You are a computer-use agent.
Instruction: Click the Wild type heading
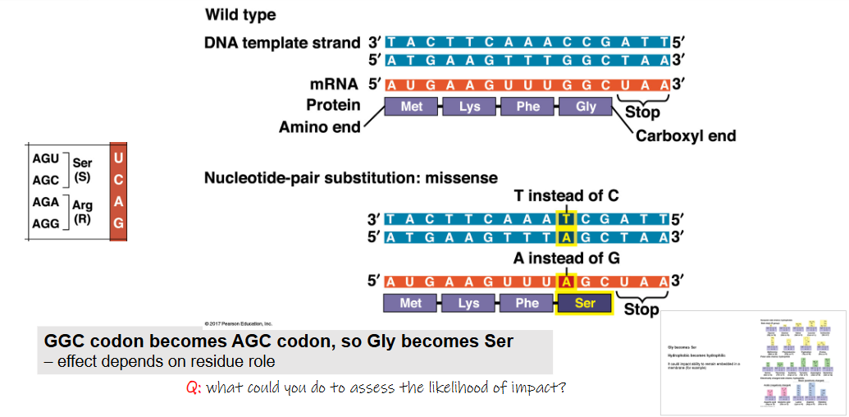point(240,15)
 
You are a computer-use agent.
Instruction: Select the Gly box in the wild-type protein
point(586,107)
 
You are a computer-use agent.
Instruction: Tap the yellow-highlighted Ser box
point(584,303)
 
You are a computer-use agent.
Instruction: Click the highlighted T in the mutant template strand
point(566,219)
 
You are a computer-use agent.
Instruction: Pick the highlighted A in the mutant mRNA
point(566,281)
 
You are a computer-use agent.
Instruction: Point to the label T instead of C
point(566,196)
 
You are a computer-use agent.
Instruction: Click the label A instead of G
point(565,258)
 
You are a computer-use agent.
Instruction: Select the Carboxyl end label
point(686,135)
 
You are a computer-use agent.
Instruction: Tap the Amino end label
point(319,127)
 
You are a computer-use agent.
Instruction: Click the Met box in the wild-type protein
point(412,107)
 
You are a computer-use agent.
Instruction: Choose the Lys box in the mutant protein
point(468,303)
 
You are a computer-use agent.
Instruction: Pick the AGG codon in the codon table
point(45,222)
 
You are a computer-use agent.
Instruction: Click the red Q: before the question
point(194,387)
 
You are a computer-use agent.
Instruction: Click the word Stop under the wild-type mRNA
point(641,112)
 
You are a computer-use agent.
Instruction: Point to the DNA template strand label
point(282,43)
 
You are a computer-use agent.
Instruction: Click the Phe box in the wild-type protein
point(528,107)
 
